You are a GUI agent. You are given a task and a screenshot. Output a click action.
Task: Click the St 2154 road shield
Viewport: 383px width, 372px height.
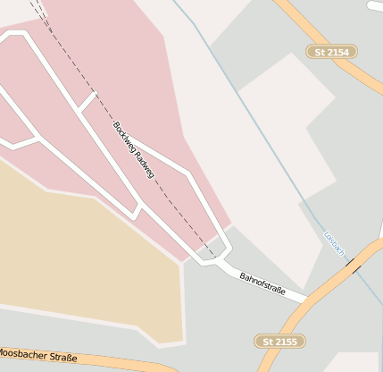331,52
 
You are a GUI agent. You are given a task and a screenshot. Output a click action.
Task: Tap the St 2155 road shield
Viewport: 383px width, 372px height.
279,341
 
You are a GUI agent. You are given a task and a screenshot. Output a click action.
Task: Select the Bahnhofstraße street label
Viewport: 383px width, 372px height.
262,285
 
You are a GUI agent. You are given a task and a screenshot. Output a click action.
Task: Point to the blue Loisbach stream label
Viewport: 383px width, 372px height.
334,243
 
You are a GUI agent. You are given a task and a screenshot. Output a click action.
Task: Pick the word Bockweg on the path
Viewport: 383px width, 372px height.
123,134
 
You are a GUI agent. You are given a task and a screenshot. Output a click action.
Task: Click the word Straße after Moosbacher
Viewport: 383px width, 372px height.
62,359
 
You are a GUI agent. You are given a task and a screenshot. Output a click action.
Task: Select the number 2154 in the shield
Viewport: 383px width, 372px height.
338,52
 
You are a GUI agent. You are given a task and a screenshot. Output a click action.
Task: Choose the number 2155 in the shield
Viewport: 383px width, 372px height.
287,341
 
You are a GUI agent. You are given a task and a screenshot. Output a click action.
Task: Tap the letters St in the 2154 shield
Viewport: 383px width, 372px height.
320,52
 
